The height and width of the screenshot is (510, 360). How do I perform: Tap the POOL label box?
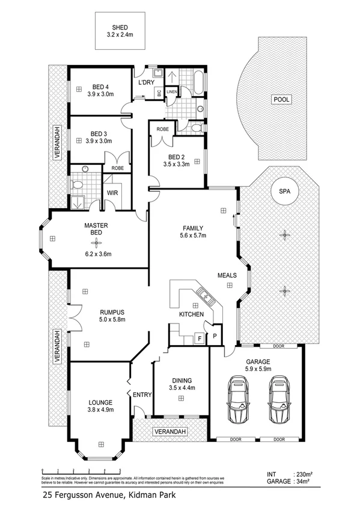[280, 100]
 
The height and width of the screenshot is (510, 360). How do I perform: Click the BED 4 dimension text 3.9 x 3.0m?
[100, 94]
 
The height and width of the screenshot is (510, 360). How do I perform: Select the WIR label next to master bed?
[112, 193]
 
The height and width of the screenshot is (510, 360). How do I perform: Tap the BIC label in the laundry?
[159, 93]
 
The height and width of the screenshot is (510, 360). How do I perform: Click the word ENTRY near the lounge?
[142, 395]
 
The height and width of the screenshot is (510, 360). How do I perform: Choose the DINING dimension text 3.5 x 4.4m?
[182, 388]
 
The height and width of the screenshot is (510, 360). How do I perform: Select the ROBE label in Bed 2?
[162, 129]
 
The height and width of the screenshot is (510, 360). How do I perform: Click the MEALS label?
[227, 275]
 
